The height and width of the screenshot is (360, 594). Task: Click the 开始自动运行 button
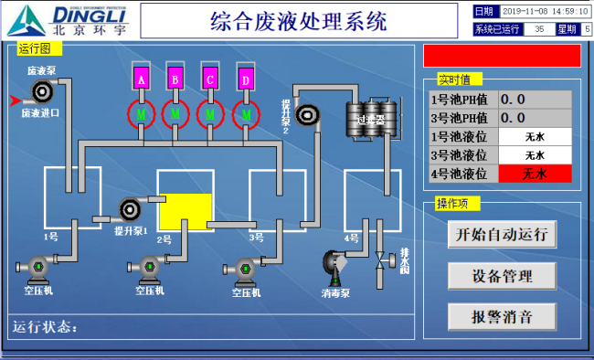pos(502,234)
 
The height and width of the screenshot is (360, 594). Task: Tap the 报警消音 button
pos(502,316)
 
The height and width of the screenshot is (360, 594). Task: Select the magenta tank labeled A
pos(142,79)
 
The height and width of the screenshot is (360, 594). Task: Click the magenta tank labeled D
pos(244,79)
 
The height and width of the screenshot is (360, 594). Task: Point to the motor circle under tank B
pos(175,114)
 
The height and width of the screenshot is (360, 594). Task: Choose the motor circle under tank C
pos(210,114)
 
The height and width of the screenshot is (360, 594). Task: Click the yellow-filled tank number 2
pos(186,211)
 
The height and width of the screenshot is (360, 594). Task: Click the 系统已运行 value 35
pos(539,29)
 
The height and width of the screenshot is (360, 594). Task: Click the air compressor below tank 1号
pos(38,269)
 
